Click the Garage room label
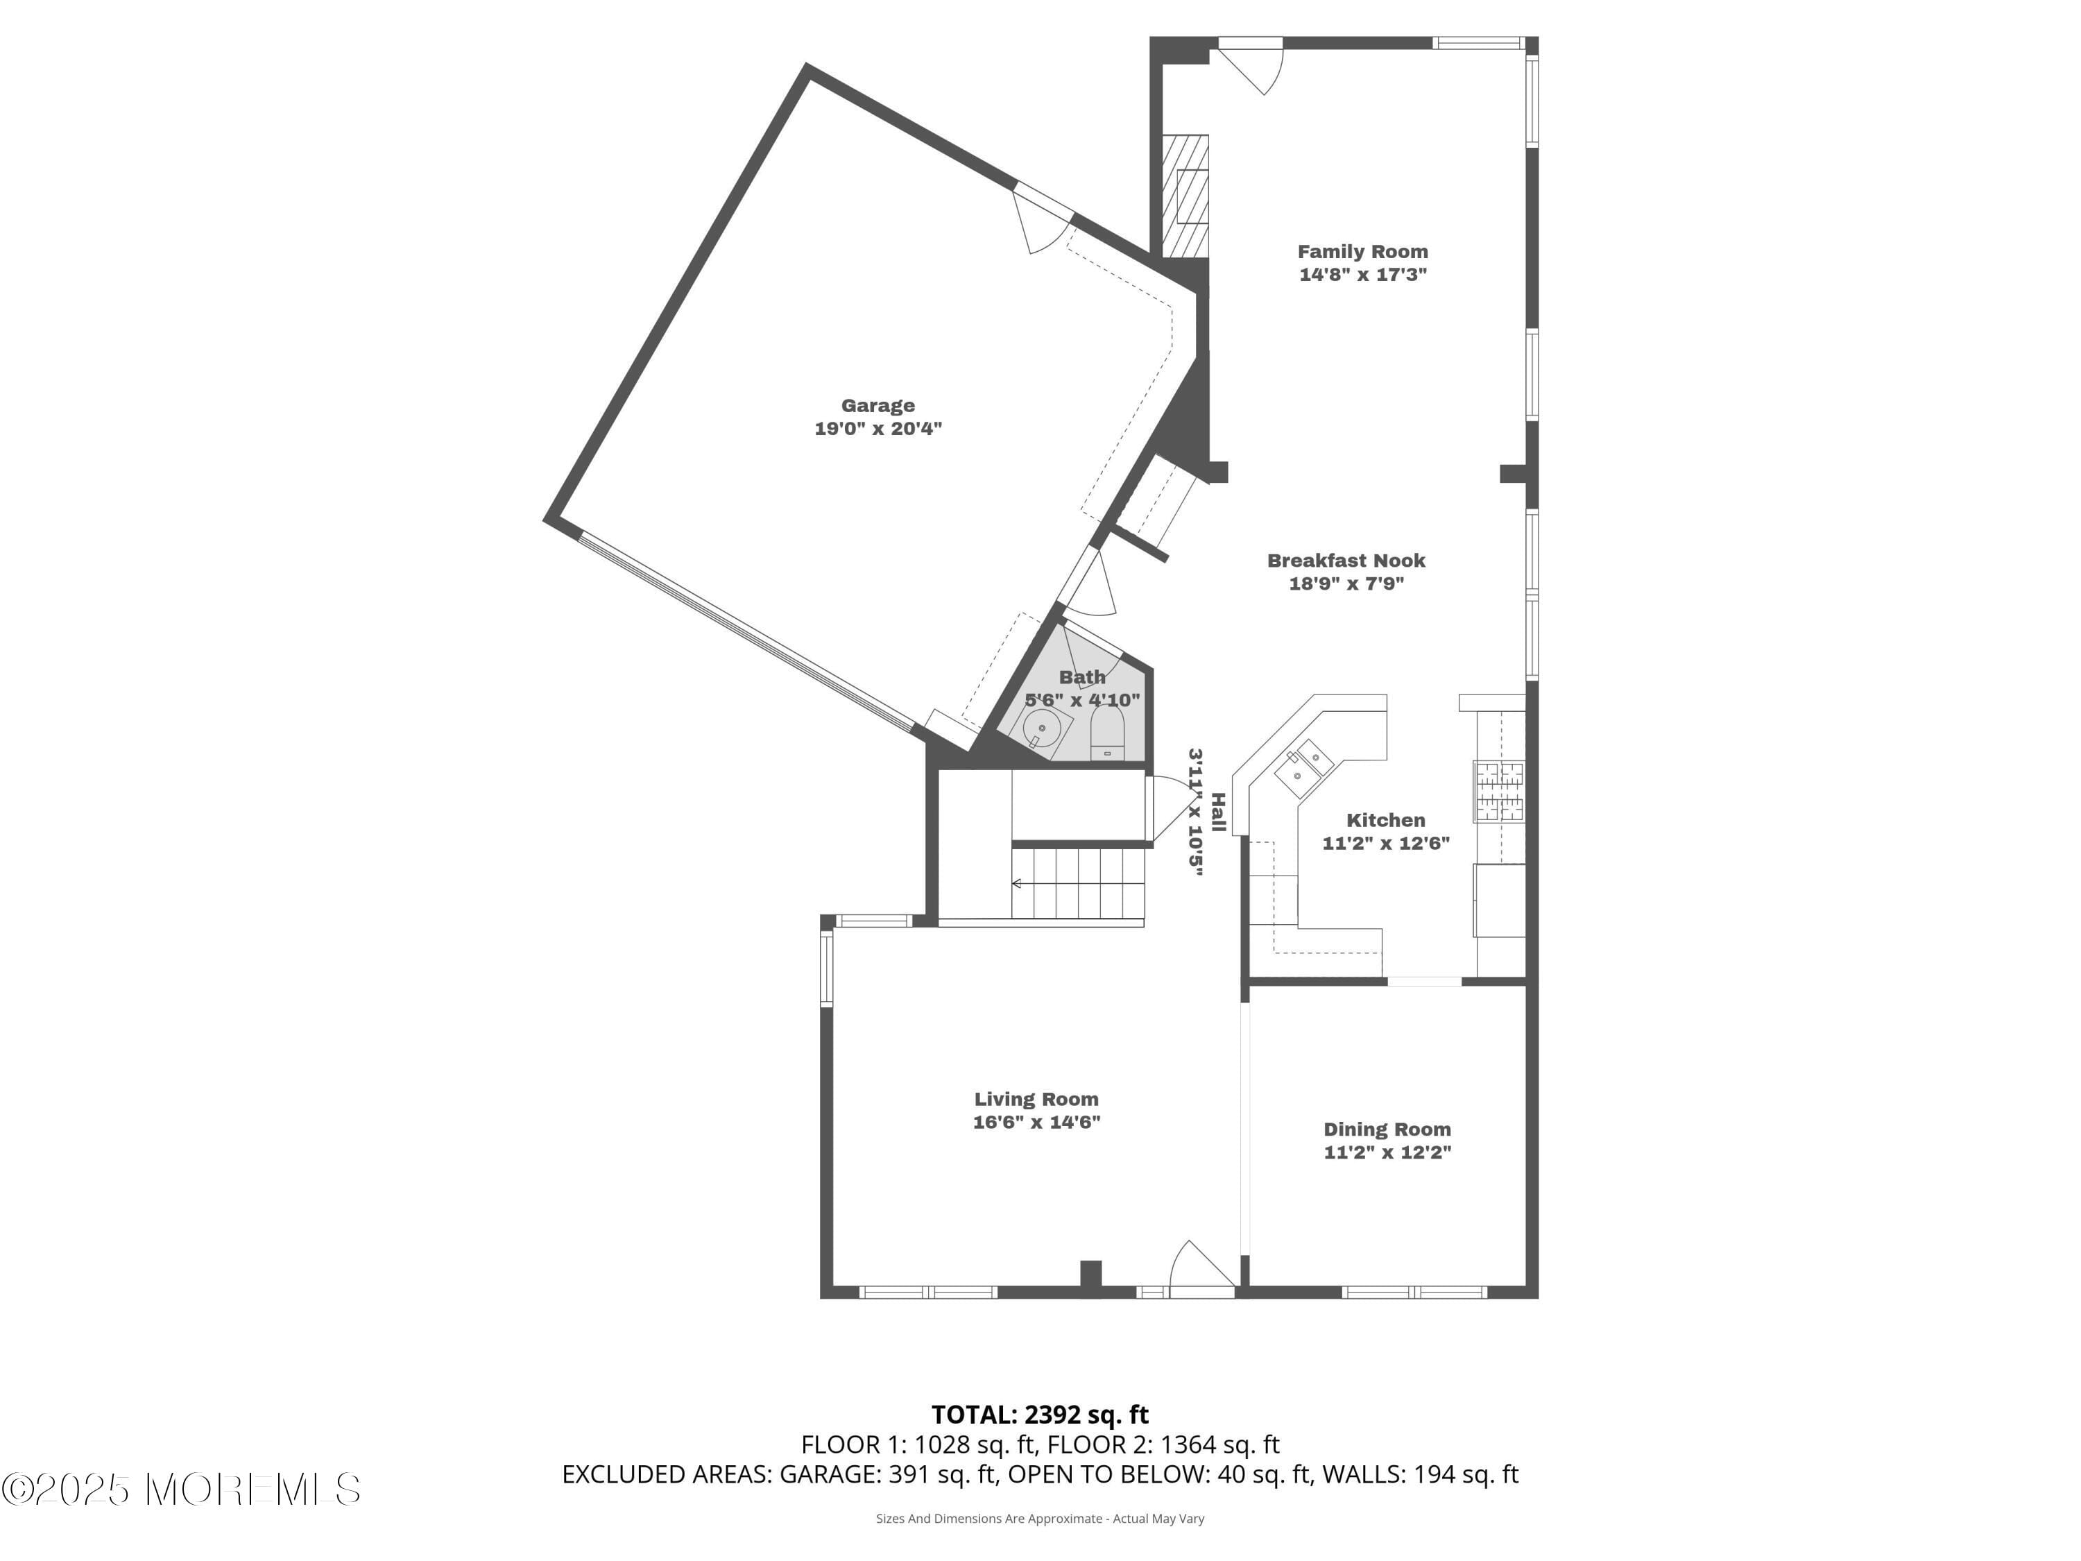pos(877,406)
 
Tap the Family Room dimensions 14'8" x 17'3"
pos(1363,275)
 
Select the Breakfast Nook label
pos(1346,561)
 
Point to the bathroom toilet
pos(1107,732)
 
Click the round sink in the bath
pos(1043,729)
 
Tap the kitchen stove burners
pos(1498,790)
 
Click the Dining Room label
pos(1387,1129)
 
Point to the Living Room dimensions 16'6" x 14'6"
pos(1037,1122)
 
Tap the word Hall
pos(1218,812)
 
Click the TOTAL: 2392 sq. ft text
pos(1040,1414)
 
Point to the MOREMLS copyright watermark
pos(180,1490)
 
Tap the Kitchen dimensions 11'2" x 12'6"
pos(1386,843)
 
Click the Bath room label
pos(1082,676)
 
